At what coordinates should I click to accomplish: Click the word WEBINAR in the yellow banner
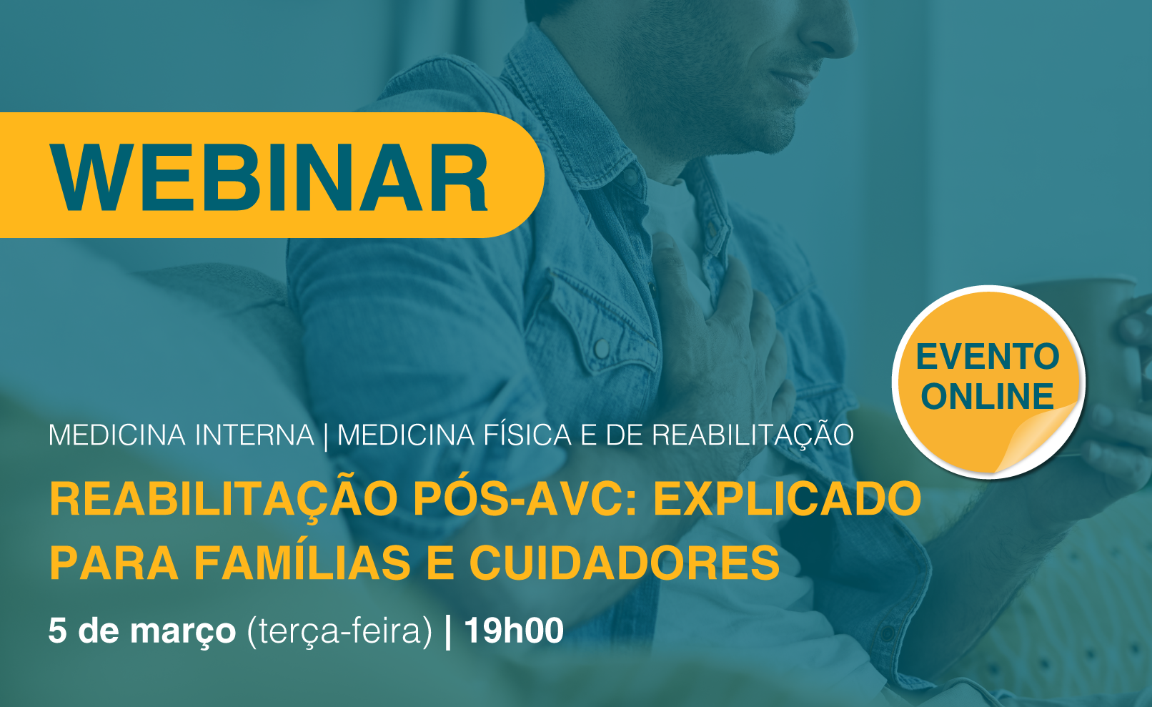point(269,177)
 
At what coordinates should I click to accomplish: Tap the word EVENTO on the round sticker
point(988,357)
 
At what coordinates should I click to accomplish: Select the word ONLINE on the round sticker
point(988,396)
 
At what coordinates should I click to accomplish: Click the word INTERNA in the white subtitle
point(254,435)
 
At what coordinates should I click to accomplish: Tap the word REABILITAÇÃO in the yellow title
point(224,498)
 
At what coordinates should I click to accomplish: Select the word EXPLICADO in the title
point(788,498)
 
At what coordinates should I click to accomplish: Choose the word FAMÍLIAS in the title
point(302,563)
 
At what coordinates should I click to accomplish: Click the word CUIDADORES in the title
point(625,563)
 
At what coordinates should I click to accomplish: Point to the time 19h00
point(514,631)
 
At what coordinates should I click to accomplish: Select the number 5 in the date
point(57,631)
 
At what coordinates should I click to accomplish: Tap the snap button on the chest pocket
point(600,349)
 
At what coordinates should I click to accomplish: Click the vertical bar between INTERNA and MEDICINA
point(326,436)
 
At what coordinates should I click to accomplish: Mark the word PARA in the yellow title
point(114,563)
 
